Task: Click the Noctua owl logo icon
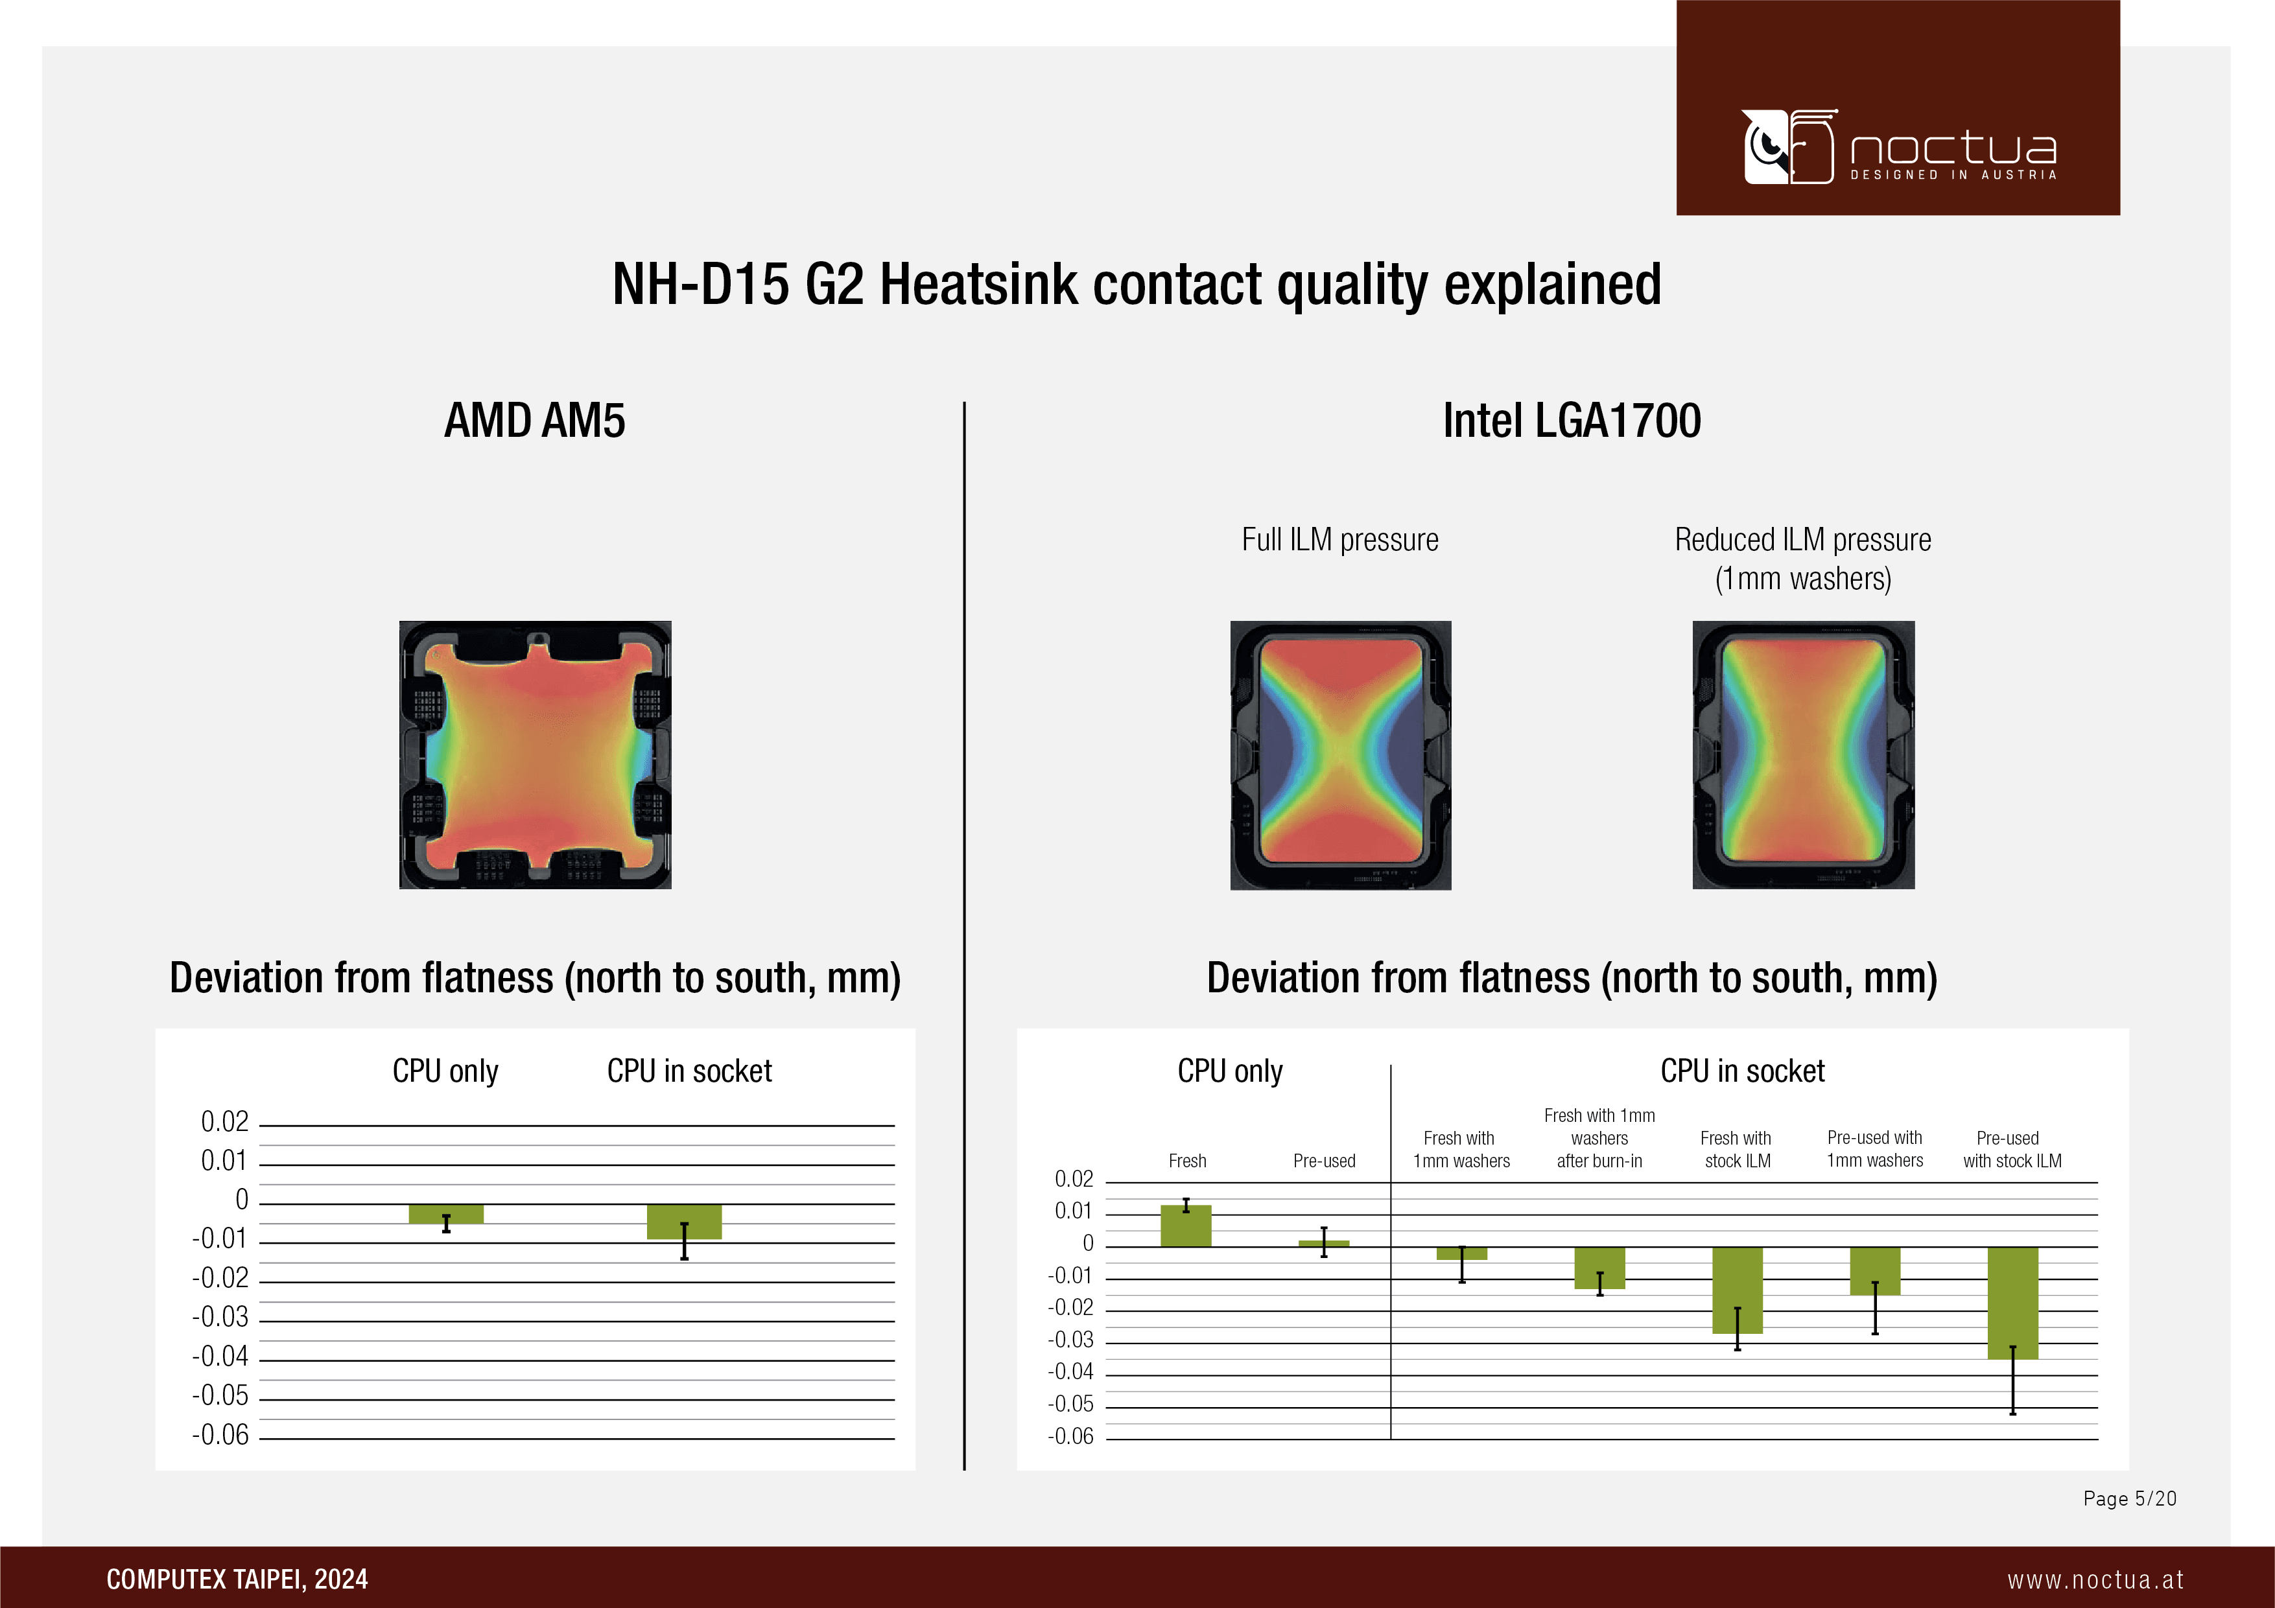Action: coord(1789,146)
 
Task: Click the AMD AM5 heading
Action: coord(534,420)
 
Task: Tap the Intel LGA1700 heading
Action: coord(1572,420)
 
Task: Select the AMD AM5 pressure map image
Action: coord(535,755)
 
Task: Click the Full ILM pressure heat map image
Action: coord(1341,755)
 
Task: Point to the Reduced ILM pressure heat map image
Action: coord(1804,755)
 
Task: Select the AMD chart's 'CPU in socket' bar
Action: coord(684,1222)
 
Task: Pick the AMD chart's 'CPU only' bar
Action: coord(446,1214)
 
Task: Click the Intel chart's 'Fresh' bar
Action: coord(1186,1226)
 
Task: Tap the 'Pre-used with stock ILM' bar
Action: coord(2012,1303)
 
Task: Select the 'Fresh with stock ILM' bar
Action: coord(1737,1290)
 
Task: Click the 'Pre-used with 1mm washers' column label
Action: coord(1875,1149)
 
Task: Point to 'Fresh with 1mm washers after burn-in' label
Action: coord(1599,1138)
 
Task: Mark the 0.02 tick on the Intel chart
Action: coord(1074,1179)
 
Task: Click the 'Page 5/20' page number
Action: coord(2129,1498)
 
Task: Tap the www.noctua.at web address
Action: coord(2095,1579)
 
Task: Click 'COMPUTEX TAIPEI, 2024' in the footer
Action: coord(237,1579)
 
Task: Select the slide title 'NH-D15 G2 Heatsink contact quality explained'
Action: coord(1137,285)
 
